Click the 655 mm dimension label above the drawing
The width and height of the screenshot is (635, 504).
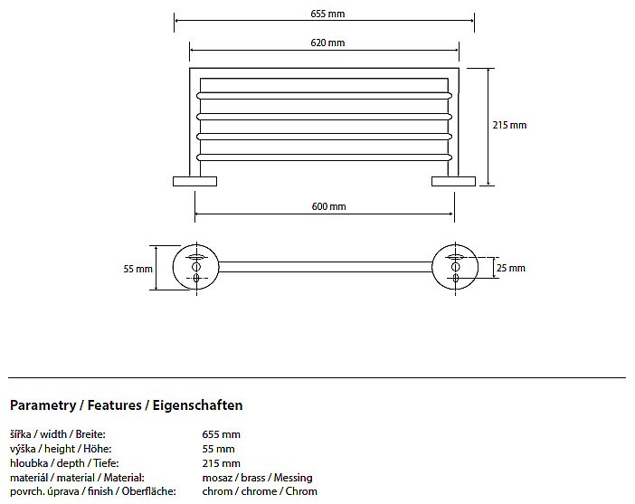coord(327,14)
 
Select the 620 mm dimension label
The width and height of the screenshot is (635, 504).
coord(327,43)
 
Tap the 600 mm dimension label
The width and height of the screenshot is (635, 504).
coord(329,206)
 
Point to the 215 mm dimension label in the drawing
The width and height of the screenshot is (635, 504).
coord(509,125)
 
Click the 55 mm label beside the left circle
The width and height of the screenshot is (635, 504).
coord(138,269)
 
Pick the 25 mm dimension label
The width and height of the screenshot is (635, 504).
coord(511,268)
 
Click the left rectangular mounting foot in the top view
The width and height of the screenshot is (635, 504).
coord(194,181)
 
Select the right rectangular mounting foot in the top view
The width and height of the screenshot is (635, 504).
coord(453,181)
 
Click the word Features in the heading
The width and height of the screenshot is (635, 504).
coord(115,405)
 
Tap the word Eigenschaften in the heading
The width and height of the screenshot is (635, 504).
coord(197,405)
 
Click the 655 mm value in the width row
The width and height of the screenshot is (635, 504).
coord(221,434)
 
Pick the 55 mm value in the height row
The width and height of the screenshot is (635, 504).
coord(218,449)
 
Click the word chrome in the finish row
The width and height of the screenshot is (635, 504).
coord(260,491)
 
